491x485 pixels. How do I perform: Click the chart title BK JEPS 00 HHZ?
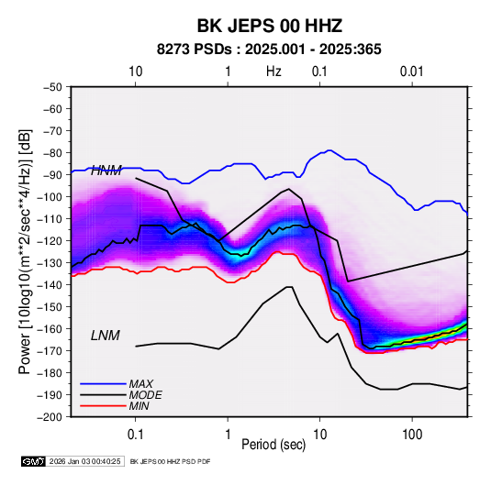269,26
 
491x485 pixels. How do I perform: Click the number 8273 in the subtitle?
173,50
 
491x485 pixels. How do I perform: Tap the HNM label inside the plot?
106,171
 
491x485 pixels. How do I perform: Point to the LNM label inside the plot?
106,336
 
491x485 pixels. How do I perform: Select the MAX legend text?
141,384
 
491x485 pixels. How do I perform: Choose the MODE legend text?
145,395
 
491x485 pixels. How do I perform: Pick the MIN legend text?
139,406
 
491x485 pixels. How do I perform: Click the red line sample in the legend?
103,406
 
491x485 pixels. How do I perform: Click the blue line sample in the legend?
103,383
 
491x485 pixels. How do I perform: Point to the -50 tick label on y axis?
53,87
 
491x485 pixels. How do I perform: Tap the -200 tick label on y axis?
50,417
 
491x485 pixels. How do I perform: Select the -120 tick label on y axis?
50,241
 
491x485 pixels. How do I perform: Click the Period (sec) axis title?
273,445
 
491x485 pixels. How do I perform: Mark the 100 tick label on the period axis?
412,435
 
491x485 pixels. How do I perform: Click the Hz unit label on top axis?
273,72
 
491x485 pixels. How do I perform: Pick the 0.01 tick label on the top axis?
411,72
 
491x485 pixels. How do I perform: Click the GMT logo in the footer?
33,461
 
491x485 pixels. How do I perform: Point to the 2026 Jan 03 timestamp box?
84,461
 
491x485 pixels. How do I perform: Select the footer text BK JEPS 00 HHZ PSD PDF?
170,461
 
